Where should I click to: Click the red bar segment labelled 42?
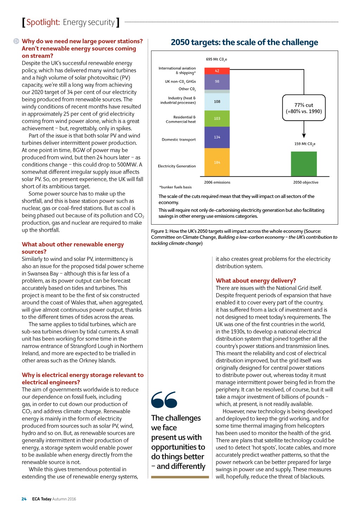pos(217,71)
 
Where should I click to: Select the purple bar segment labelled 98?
pos(217,82)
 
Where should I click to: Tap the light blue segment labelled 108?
pos(217,102)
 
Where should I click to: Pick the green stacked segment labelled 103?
pos(217,118)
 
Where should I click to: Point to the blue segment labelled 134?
pos(217,137)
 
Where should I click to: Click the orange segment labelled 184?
pos(217,162)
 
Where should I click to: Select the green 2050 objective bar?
pos(304,164)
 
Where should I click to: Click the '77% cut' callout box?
pos(304,108)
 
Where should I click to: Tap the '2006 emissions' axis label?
pos(217,182)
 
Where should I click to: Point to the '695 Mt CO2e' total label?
pos(216,59)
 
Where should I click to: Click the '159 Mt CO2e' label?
pos(304,144)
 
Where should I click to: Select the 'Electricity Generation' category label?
pos(176,166)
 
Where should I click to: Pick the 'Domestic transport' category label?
pos(179,140)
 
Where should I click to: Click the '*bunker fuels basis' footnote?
pos(175,187)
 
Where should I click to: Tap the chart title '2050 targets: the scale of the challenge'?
pos(244,43)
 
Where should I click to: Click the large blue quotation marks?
pos(164,400)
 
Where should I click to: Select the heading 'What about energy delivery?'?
pos(256,281)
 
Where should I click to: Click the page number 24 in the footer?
pos(24,499)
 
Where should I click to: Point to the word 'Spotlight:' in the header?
pos(43,22)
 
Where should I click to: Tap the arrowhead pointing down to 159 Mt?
pos(304,136)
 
